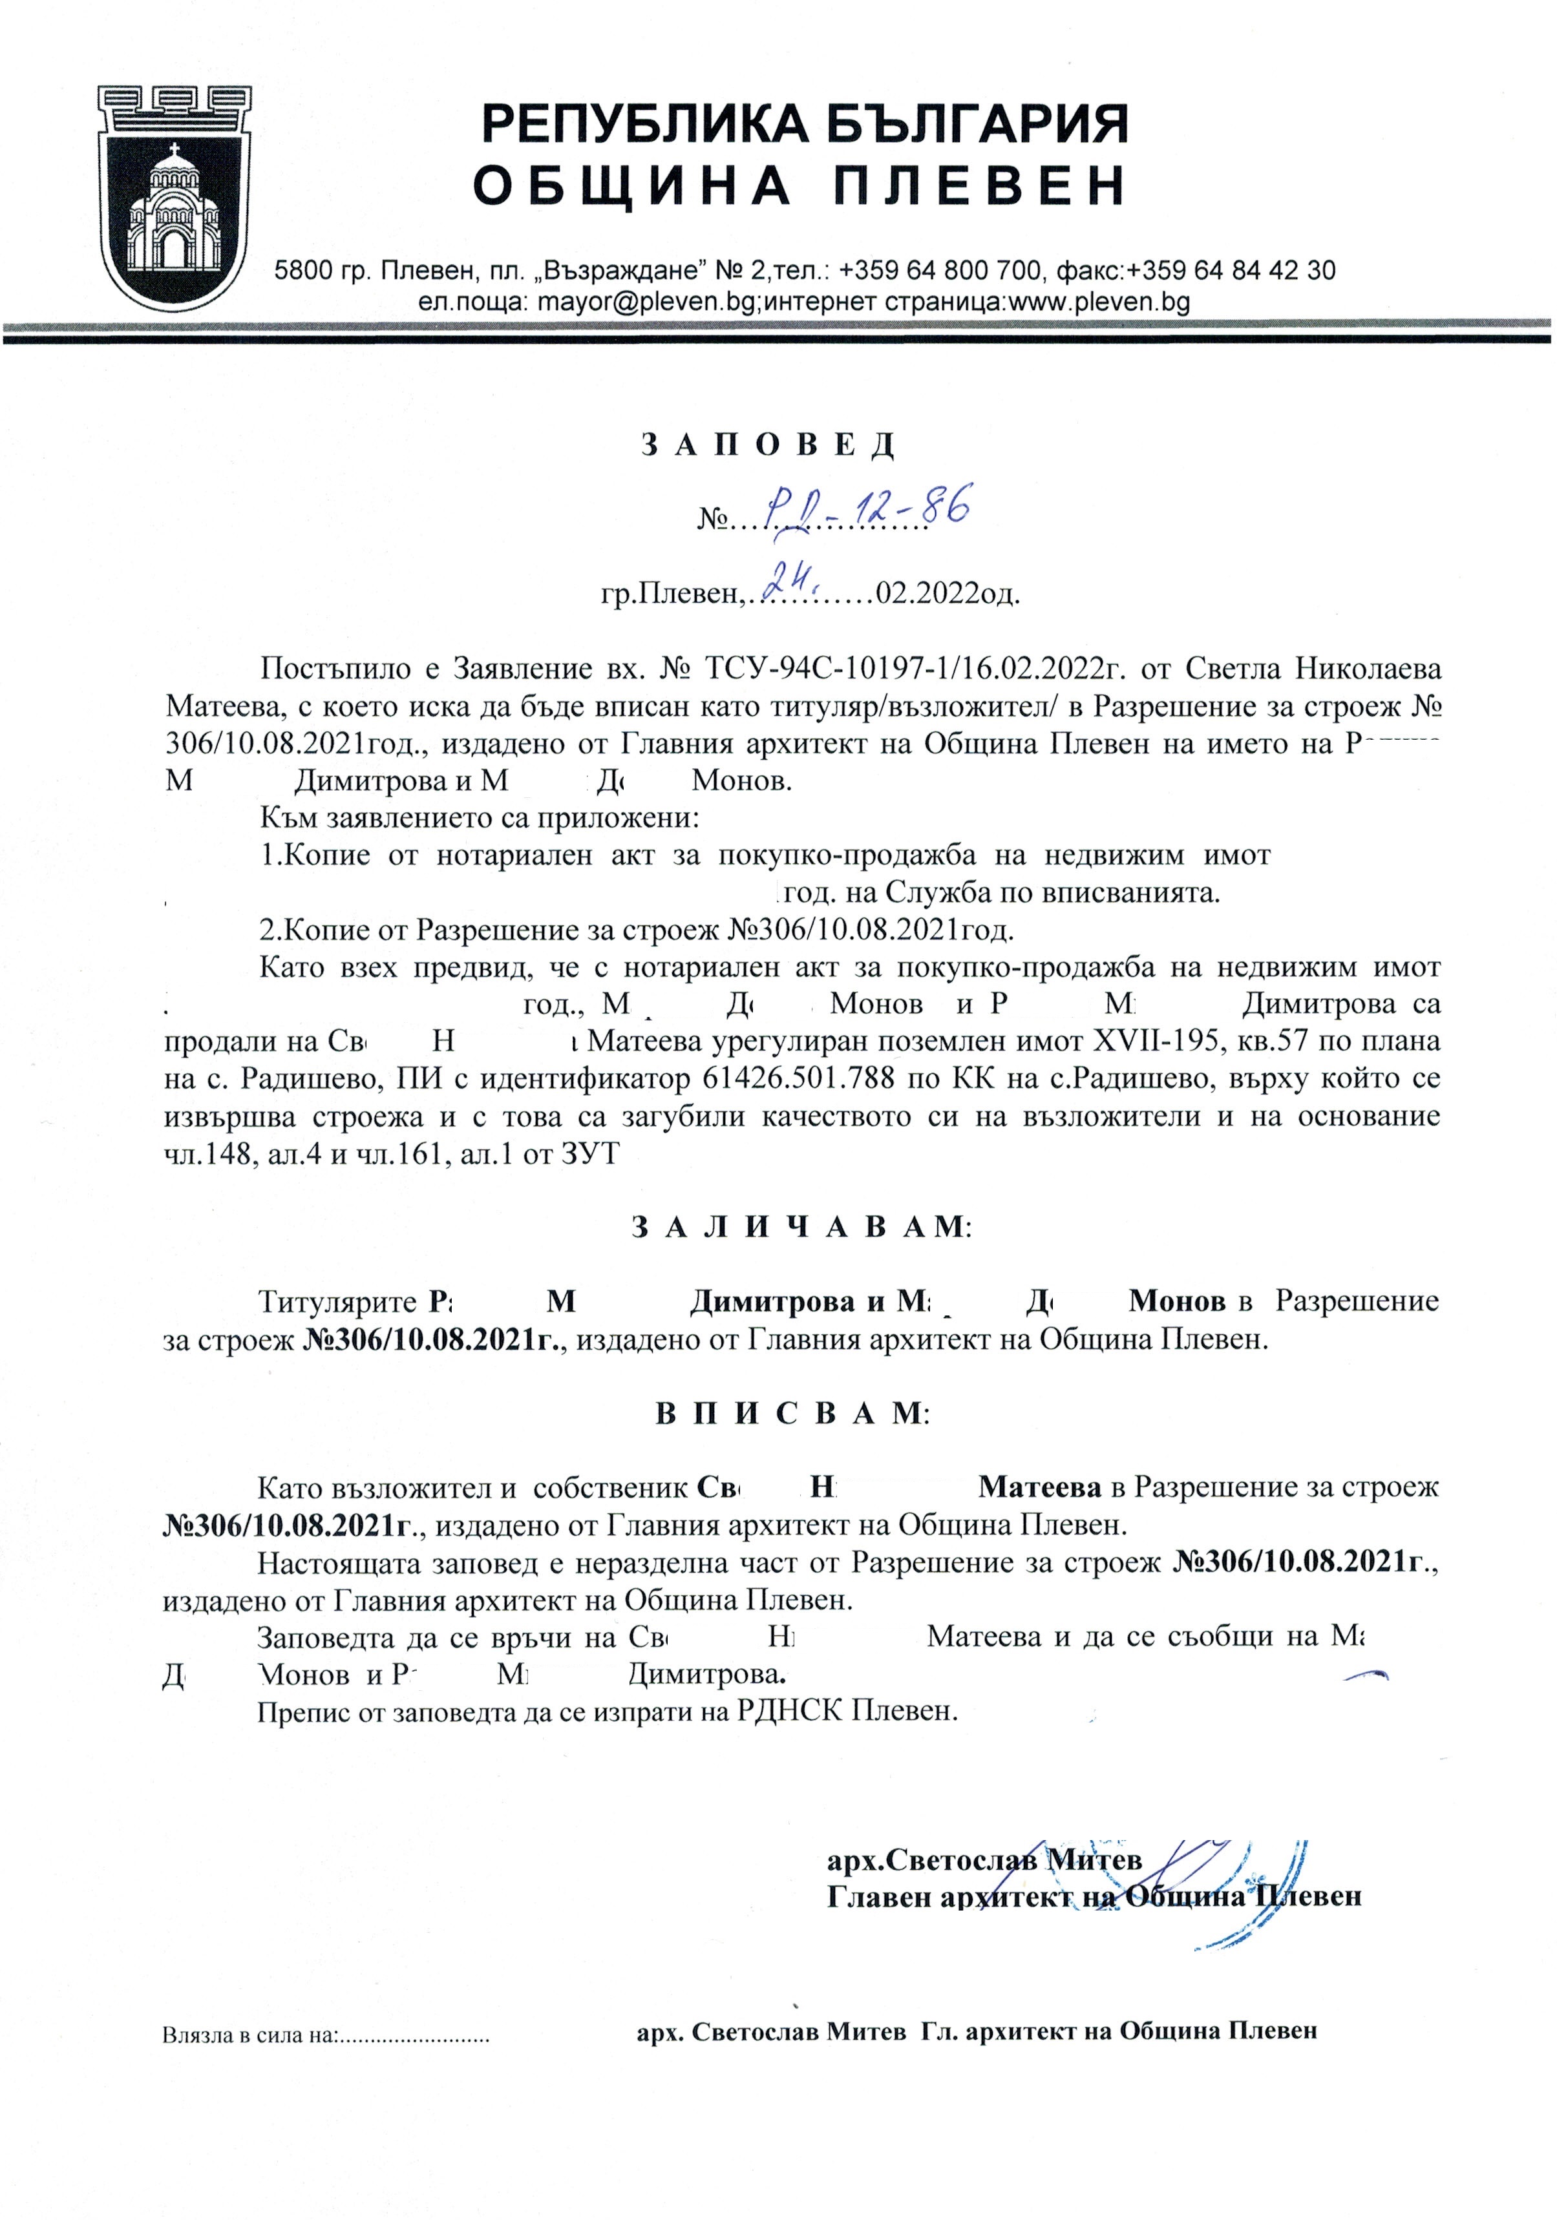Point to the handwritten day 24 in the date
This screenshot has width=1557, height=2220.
pyautogui.click(x=790, y=580)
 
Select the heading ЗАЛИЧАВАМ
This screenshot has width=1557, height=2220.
pyautogui.click(x=801, y=1227)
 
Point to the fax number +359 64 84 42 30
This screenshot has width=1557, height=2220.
pyautogui.click(x=1231, y=270)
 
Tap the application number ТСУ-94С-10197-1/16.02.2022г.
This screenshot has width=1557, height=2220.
pyautogui.click(x=912, y=668)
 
